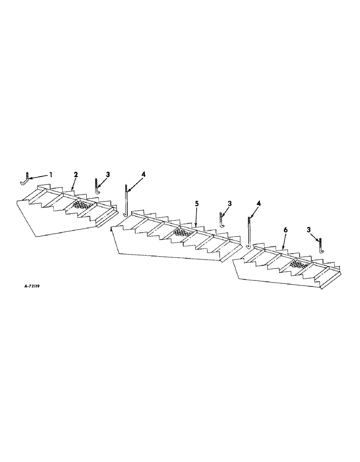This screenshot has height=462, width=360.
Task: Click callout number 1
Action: (x=51, y=175)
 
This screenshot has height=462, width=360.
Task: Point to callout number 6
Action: (x=285, y=230)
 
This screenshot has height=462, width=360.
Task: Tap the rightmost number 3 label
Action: (x=308, y=229)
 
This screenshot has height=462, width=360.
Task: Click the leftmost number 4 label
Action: (x=143, y=174)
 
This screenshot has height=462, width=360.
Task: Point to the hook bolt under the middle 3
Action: (x=222, y=219)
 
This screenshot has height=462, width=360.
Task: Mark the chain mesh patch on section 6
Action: (x=298, y=264)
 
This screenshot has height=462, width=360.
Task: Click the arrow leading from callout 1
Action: (x=40, y=176)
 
